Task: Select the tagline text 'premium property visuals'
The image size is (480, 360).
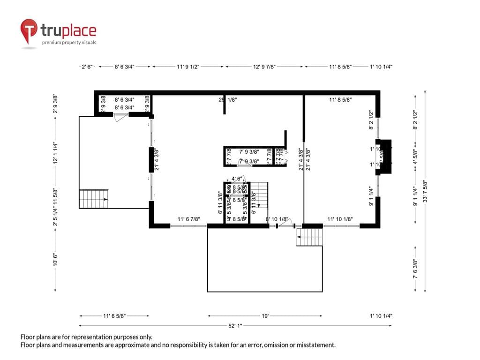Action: coord(69,43)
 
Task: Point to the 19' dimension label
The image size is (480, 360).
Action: coord(265,316)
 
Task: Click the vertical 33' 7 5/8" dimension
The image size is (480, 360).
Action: coord(425,191)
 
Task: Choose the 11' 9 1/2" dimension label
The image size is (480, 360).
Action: coord(188,67)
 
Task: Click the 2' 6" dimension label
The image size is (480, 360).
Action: coord(88,67)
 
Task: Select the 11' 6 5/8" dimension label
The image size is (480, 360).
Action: coord(114,316)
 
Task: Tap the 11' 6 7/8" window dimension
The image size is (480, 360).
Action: coord(189,219)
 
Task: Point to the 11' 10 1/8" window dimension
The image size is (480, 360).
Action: coord(340,219)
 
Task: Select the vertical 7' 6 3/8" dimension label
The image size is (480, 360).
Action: coord(414,270)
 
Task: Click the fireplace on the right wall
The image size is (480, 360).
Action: coord(385,157)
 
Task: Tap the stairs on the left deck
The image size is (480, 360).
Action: coord(93,199)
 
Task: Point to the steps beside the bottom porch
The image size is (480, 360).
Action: coord(310,237)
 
